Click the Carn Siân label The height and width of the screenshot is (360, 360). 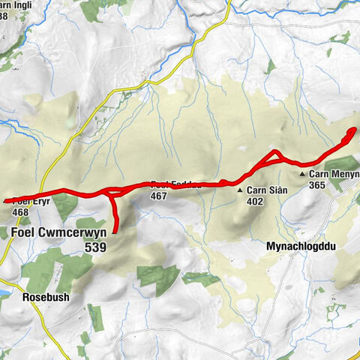coord(267,190)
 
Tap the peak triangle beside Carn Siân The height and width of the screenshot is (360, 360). coord(240,190)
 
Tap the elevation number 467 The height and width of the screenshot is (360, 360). coord(157,196)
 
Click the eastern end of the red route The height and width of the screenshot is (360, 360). coord(352,130)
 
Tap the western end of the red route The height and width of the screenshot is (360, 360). coord(5,201)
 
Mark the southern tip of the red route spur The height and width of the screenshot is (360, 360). coord(117,230)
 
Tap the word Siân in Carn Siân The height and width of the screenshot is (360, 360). coord(277,190)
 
